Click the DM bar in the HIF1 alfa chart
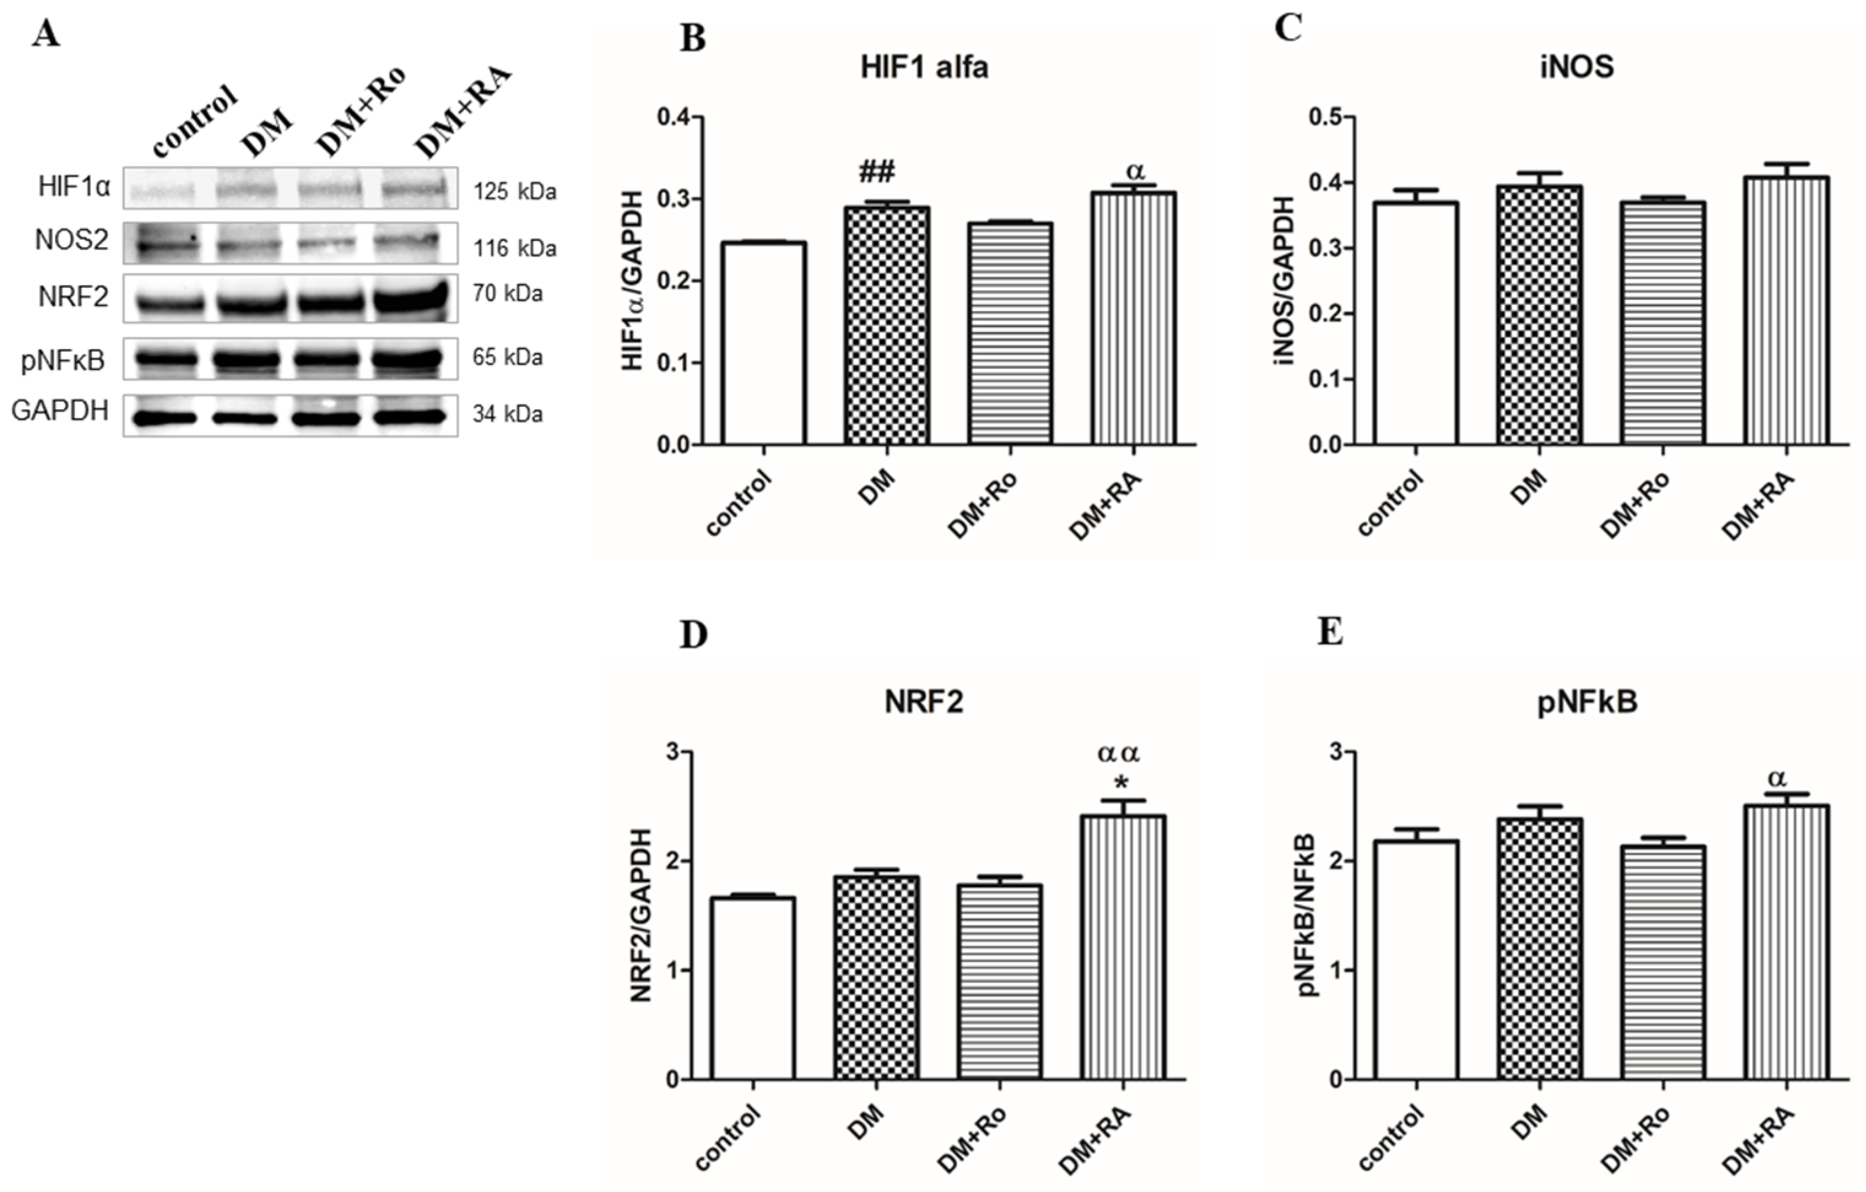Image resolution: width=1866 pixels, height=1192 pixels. tap(886, 326)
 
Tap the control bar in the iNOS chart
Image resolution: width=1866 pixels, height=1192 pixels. tap(1416, 323)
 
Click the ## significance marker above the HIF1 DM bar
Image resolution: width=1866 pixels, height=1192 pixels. tap(876, 172)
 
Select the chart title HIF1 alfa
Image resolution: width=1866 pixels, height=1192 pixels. tap(924, 68)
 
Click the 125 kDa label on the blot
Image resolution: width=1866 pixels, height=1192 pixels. tap(515, 191)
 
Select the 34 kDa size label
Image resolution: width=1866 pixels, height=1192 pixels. tap(507, 415)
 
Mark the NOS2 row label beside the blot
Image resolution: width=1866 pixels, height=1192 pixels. tap(71, 241)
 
